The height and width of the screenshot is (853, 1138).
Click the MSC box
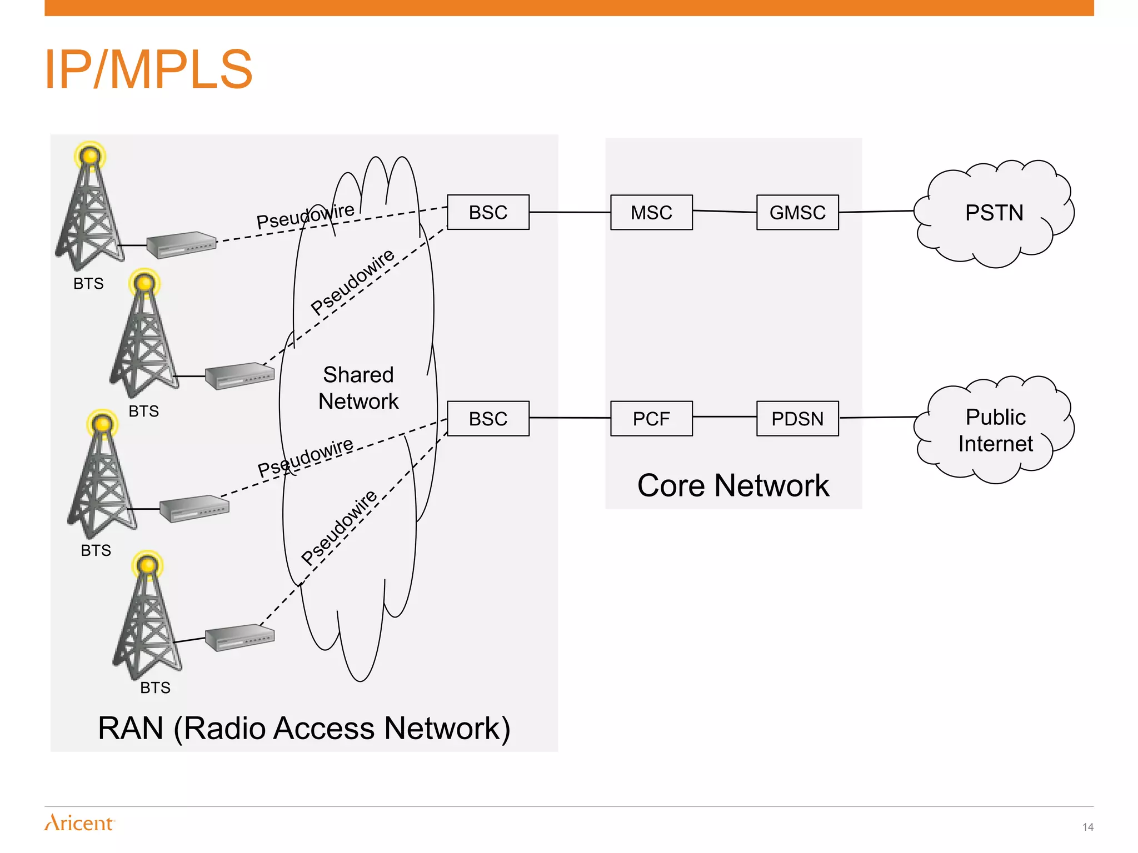point(651,212)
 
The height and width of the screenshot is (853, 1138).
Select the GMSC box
point(797,212)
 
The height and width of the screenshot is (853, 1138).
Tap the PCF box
point(651,418)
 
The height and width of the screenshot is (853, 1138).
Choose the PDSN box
point(797,418)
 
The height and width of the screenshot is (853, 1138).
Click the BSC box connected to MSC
point(488,212)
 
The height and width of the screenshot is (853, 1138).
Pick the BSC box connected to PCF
point(488,418)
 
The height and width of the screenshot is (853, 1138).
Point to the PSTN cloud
point(994,213)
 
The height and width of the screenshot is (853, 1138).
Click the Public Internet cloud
point(995,430)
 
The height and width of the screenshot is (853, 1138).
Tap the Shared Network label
point(358,388)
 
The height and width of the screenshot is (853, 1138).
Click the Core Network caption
point(733,485)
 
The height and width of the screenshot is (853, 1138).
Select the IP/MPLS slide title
point(148,69)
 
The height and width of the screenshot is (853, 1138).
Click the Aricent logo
point(79,822)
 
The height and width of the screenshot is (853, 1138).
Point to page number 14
point(1087,827)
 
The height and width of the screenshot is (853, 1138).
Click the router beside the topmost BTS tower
point(181,244)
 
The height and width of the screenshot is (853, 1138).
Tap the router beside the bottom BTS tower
point(239,638)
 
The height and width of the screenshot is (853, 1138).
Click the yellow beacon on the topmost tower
point(90,156)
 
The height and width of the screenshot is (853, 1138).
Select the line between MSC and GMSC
point(725,212)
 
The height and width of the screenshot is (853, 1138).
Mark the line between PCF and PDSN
point(725,417)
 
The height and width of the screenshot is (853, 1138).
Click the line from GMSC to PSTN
point(876,212)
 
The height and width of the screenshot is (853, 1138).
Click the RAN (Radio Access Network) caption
point(304,728)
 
